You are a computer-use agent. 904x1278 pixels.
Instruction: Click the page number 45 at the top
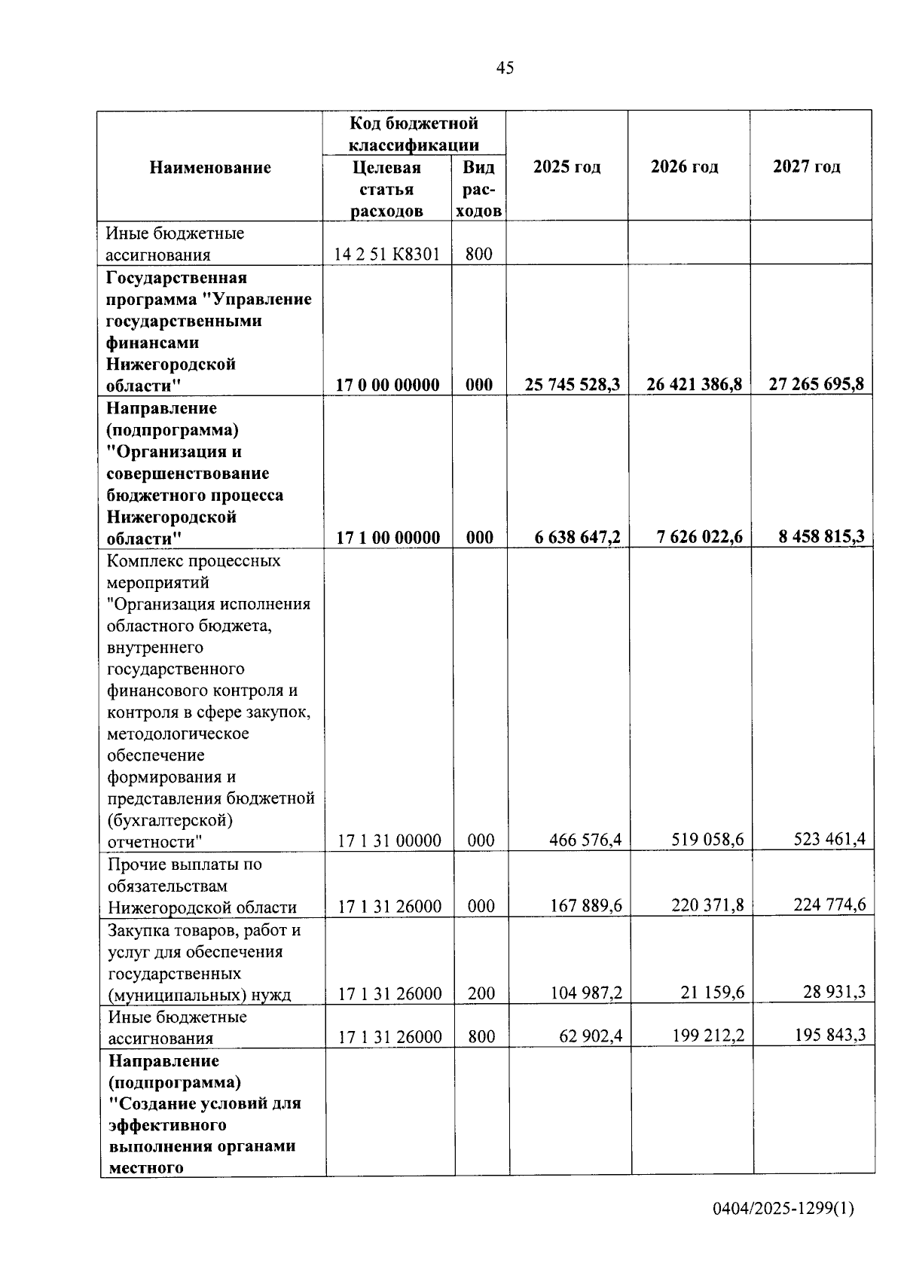coord(505,68)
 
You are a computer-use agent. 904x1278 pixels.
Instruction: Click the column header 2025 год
coord(567,166)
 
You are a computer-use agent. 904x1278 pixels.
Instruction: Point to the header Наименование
coord(210,167)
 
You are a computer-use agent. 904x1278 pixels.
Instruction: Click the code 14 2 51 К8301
coord(386,254)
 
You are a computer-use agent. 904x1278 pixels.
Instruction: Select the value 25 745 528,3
coord(573,385)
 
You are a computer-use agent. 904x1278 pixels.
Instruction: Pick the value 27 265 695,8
coord(816,384)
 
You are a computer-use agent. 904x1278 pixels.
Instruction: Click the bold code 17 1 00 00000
coord(388,538)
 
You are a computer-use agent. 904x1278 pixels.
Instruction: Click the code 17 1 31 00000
coord(389,840)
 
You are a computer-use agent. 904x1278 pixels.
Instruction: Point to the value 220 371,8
coord(707,905)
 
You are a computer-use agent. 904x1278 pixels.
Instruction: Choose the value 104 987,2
coord(586,993)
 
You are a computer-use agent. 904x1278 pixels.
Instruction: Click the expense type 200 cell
coord(481,993)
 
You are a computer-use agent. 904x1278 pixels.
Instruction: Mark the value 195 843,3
coord(829,1036)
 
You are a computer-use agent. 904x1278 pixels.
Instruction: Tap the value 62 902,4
coord(591,1036)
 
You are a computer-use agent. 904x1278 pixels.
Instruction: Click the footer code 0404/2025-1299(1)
coord(783,1209)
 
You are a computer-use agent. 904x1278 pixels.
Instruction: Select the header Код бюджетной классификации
coord(414,133)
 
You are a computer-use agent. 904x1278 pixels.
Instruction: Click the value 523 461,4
coord(829,839)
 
